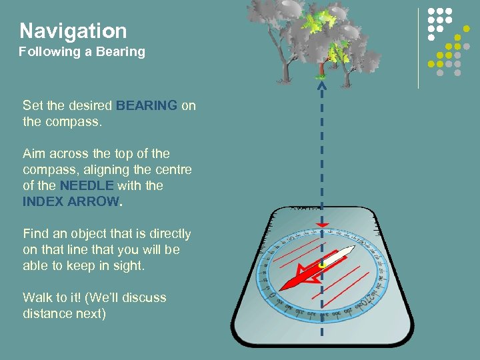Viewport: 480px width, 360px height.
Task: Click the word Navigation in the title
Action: (x=73, y=31)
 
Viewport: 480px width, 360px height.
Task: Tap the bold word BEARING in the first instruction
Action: (x=147, y=105)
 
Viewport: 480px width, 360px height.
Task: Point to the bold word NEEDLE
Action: (x=87, y=185)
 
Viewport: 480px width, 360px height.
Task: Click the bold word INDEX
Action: (x=43, y=201)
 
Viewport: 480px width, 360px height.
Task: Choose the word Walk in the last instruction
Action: (x=37, y=297)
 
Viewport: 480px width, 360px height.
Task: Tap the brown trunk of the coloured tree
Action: (x=321, y=69)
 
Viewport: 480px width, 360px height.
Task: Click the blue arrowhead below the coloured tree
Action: (x=322, y=85)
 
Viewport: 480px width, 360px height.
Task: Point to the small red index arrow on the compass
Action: (x=322, y=227)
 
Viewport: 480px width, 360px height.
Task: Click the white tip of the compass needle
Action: (x=348, y=250)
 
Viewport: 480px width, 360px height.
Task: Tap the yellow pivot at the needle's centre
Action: (x=323, y=265)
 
